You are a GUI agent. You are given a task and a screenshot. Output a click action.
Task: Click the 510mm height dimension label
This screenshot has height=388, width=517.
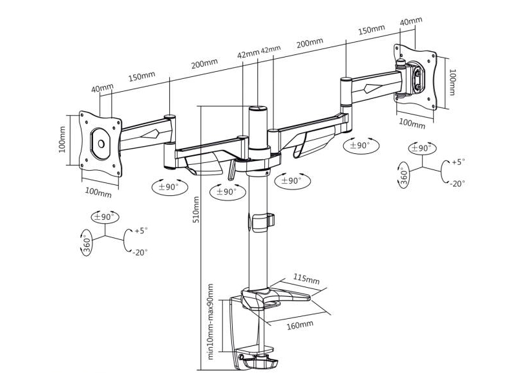tap(196, 210)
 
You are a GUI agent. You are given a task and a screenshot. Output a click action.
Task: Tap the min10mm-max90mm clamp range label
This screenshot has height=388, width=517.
tap(211, 321)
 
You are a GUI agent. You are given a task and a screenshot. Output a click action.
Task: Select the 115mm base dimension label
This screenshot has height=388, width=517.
tap(306, 279)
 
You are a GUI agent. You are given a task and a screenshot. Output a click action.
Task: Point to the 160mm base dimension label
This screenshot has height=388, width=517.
tap(300, 325)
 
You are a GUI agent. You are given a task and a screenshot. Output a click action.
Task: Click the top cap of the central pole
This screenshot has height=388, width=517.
tap(258, 108)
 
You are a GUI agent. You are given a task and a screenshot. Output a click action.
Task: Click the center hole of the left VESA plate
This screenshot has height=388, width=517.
tap(101, 144)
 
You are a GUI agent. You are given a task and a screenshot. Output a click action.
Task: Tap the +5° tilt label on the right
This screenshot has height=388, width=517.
tap(458, 162)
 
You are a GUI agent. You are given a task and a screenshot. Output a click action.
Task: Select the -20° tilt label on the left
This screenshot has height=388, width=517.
tap(140, 253)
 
